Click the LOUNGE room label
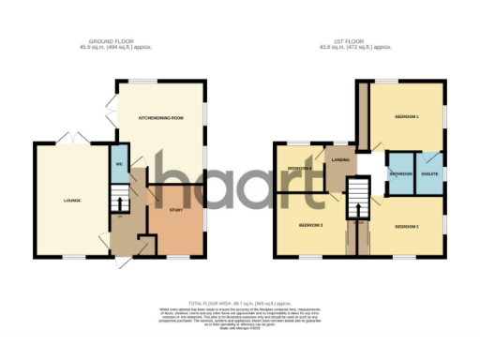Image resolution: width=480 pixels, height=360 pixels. pyautogui.click(x=71, y=200)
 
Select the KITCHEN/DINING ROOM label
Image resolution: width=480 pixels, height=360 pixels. pyautogui.click(x=160, y=118)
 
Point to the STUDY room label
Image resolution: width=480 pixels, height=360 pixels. pyautogui.click(x=174, y=210)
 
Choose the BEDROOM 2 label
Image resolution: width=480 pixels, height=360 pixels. pyautogui.click(x=406, y=226)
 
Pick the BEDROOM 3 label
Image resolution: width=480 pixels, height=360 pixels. pyautogui.click(x=310, y=226)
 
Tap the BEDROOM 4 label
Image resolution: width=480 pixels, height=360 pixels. pyautogui.click(x=298, y=168)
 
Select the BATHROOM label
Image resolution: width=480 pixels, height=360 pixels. pyautogui.click(x=401, y=174)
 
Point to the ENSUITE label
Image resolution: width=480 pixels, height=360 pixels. pyautogui.click(x=430, y=174)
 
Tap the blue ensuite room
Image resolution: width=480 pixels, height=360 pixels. pyautogui.click(x=430, y=172)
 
